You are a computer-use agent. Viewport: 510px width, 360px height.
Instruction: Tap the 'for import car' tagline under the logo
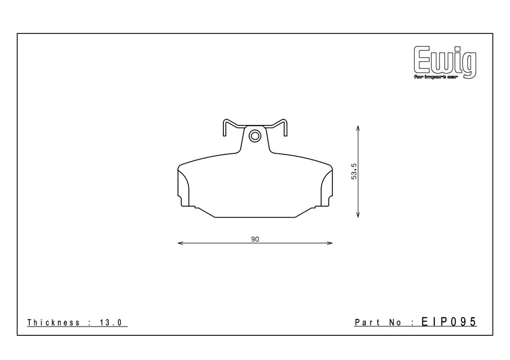pyautogui.click(x=436, y=77)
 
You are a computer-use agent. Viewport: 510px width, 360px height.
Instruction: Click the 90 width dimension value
pyautogui.click(x=255, y=240)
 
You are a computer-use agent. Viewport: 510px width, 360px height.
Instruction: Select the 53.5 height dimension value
pyautogui.click(x=354, y=171)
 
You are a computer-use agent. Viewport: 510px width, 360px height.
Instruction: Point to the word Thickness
pyautogui.click(x=54, y=322)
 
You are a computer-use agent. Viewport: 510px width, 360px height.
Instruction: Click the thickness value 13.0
pyautogui.click(x=111, y=322)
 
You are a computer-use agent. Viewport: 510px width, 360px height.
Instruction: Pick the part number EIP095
pyautogui.click(x=449, y=322)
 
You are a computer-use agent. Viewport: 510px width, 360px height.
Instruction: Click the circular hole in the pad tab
pyautogui.click(x=255, y=135)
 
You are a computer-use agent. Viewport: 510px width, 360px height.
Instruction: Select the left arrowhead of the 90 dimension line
pyautogui.click(x=181, y=243)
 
